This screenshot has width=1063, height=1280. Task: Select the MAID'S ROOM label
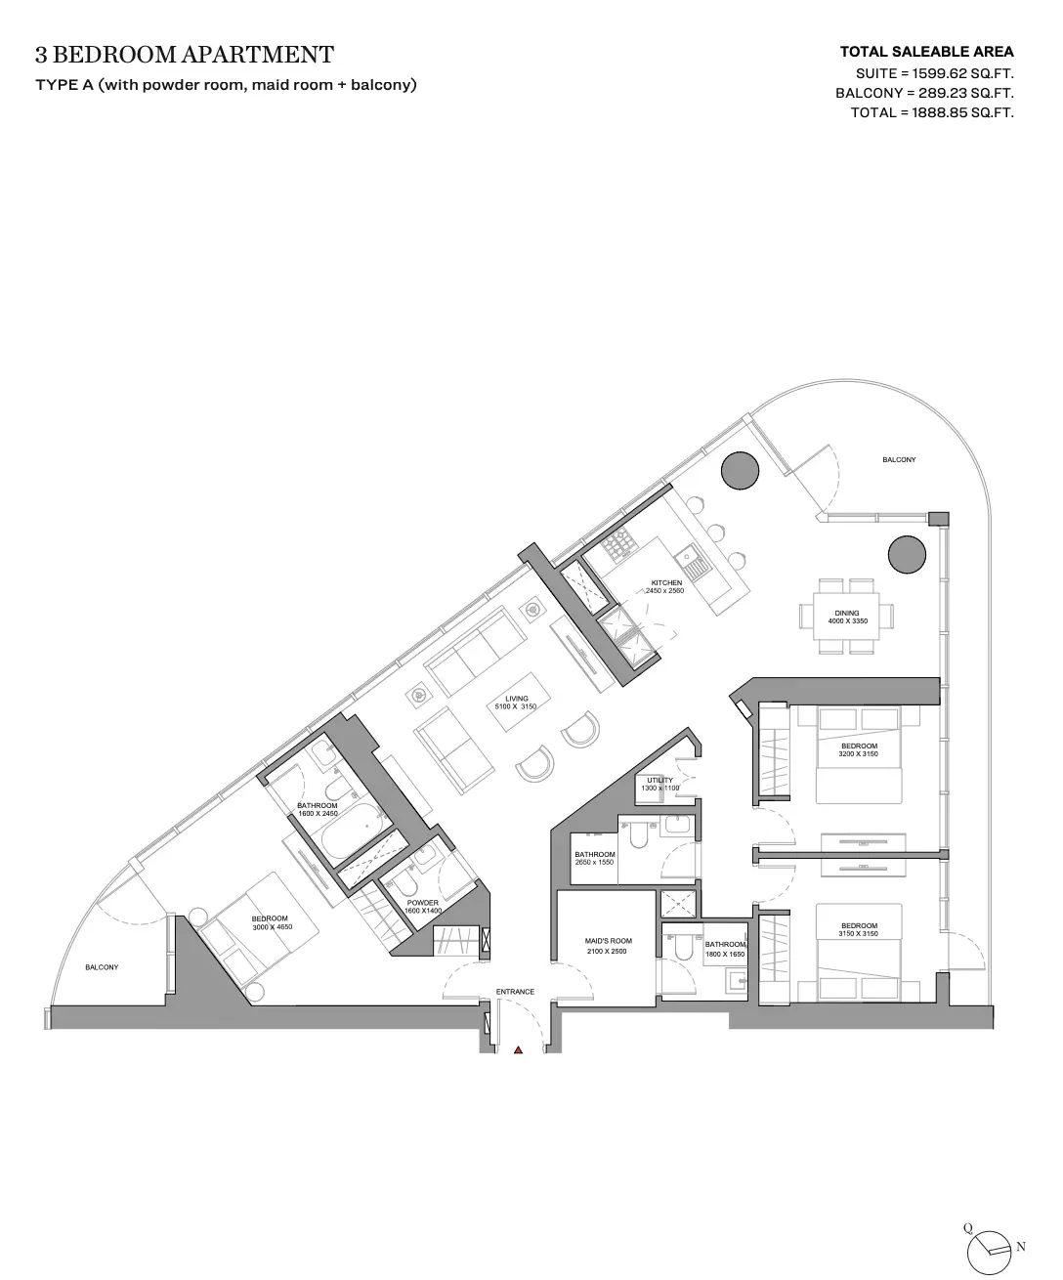(x=608, y=940)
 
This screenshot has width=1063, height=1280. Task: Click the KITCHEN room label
(x=666, y=583)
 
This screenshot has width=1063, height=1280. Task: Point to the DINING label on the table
(x=847, y=613)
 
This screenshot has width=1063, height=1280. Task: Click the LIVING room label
(x=517, y=699)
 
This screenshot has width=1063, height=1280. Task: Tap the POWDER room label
(x=422, y=903)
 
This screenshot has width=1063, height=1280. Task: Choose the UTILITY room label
(x=659, y=781)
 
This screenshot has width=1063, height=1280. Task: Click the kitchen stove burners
(x=617, y=543)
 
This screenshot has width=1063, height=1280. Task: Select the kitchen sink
(x=691, y=564)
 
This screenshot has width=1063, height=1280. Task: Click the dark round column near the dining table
(x=907, y=555)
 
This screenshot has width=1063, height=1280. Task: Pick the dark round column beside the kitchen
(x=740, y=471)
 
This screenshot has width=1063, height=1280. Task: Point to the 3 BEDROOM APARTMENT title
(x=185, y=55)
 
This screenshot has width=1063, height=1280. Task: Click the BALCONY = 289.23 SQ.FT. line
(x=924, y=93)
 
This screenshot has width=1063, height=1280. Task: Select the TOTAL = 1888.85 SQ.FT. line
(x=932, y=112)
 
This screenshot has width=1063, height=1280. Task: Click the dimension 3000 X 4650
(x=273, y=927)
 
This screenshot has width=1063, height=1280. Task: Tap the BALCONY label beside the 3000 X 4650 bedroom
(x=102, y=967)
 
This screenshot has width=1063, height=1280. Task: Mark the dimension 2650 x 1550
(x=594, y=862)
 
